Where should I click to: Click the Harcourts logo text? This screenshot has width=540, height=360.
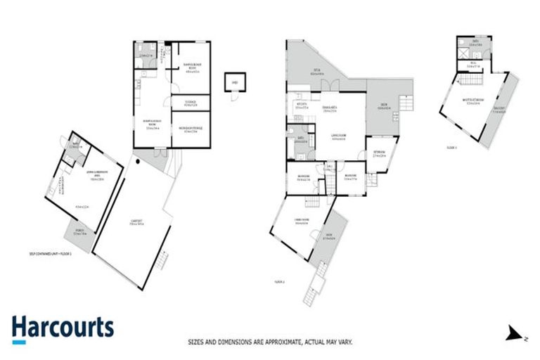[x=63, y=328]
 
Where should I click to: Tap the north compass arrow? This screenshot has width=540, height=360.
[x=517, y=332]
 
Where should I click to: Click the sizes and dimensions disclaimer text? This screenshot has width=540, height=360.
[x=269, y=342]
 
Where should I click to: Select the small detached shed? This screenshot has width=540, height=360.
[x=234, y=83]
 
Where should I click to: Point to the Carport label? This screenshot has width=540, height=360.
[x=137, y=224]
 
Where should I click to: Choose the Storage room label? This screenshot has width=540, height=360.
[x=189, y=103]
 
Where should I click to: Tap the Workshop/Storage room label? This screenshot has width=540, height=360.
[x=191, y=130]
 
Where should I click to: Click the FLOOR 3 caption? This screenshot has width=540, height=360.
[x=451, y=148]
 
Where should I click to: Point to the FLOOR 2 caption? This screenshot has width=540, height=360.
[x=278, y=281]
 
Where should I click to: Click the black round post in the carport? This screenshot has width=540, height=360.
[x=139, y=161]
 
